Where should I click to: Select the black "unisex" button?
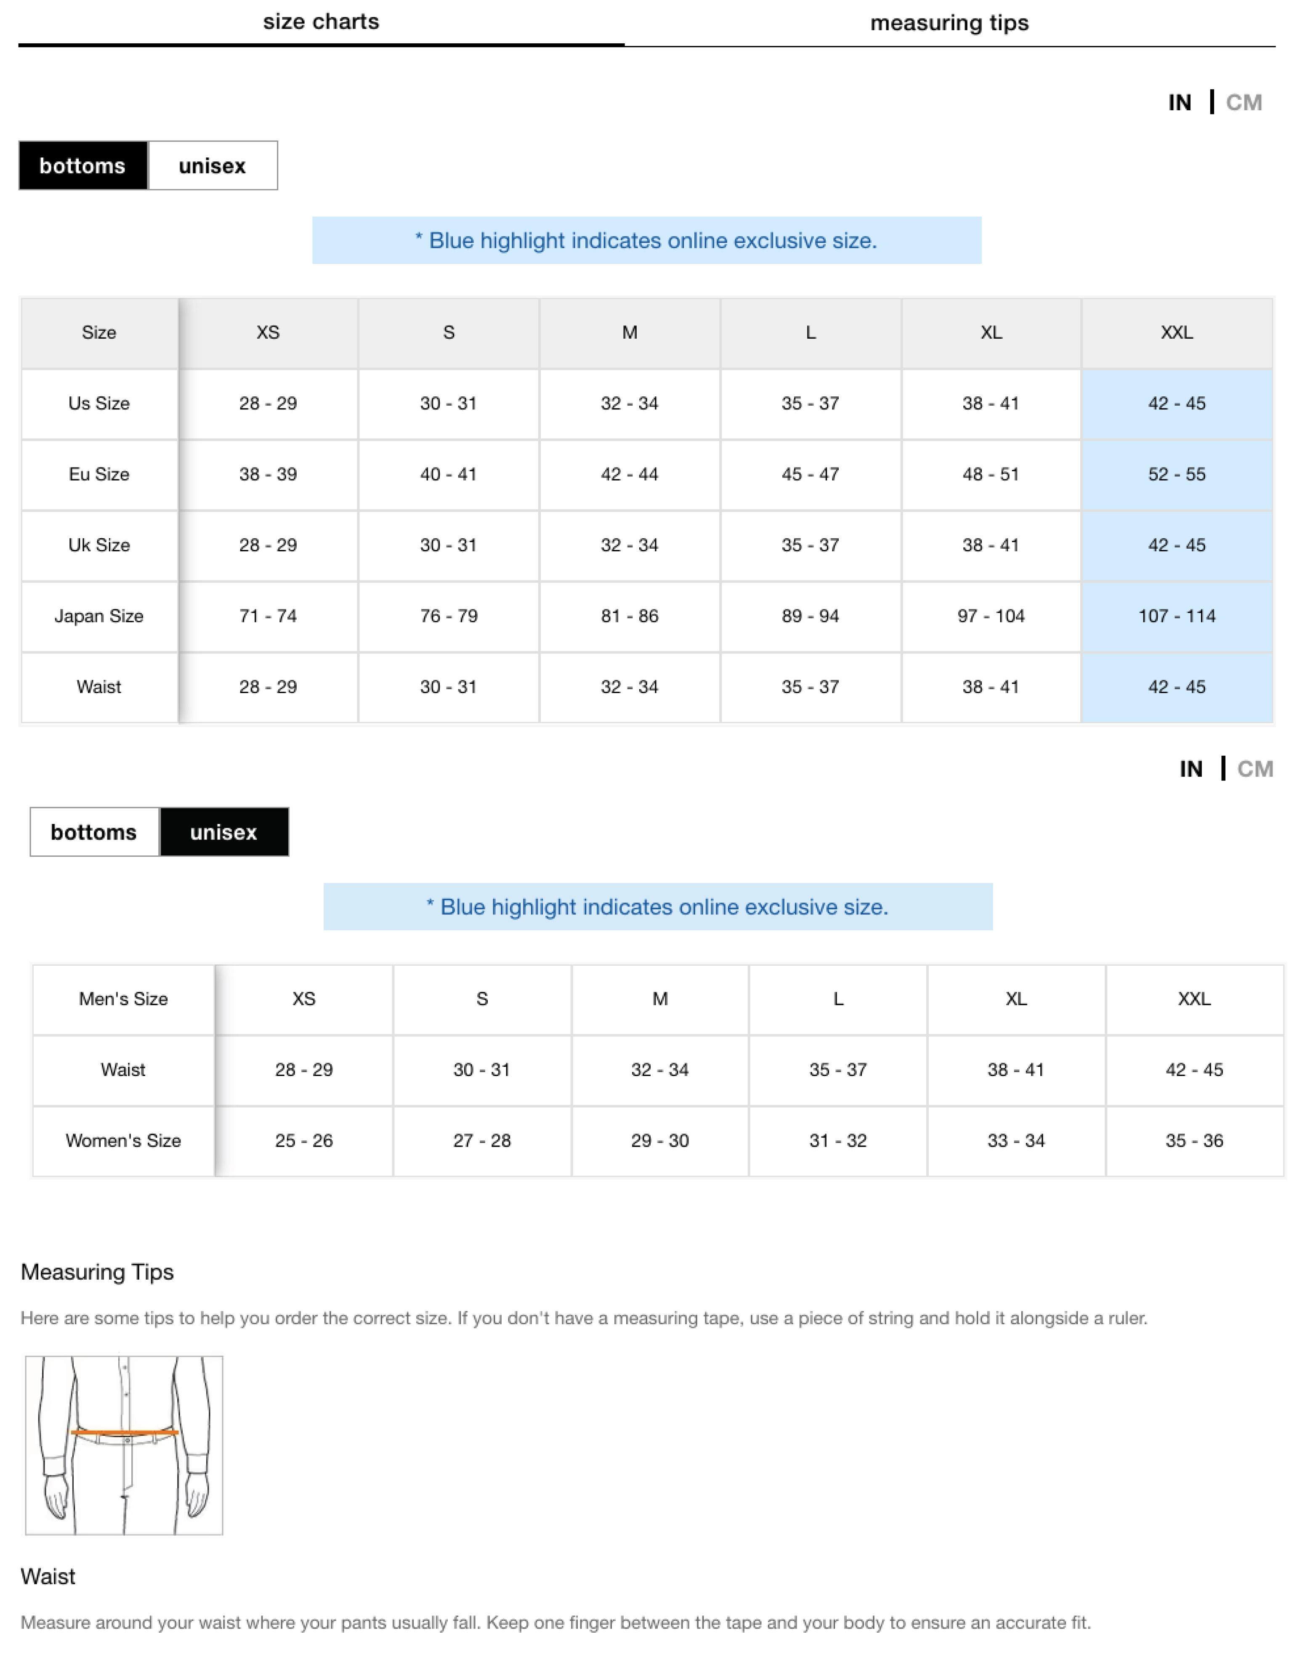point(224,832)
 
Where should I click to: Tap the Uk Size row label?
point(99,545)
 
